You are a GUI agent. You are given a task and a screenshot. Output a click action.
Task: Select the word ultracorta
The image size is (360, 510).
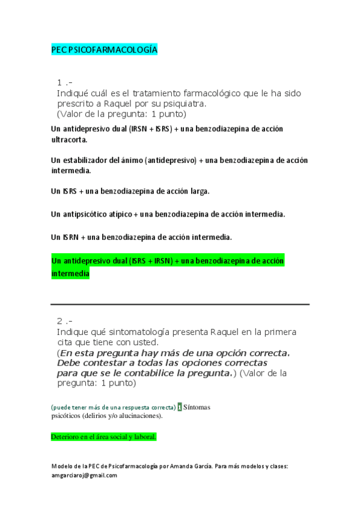[69, 140]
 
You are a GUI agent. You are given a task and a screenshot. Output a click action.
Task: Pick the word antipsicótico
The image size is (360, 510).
[87, 214]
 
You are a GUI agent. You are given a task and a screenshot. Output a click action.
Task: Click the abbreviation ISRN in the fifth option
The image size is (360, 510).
[72, 238]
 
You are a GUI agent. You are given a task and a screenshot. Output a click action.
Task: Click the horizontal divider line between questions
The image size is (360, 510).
[180, 304]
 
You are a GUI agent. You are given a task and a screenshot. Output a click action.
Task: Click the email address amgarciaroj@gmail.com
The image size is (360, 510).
[84, 475]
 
